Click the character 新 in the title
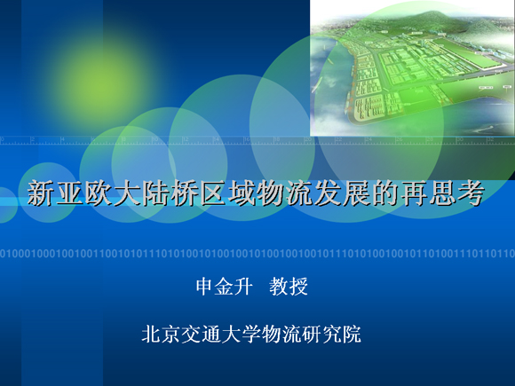pos(40,193)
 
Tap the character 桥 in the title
pos(185,193)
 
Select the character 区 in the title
pos(213,193)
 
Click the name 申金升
pos(225,287)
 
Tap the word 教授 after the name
pos(289,287)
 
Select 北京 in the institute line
pos(161,335)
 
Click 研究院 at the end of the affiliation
pos(332,335)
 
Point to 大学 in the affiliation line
pos(242,335)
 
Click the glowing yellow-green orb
pos(99,84)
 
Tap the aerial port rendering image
pos(413,68)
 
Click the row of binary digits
pos(257,254)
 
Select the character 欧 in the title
pos(99,193)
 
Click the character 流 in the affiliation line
pos(291,335)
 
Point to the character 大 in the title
pos(127,193)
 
